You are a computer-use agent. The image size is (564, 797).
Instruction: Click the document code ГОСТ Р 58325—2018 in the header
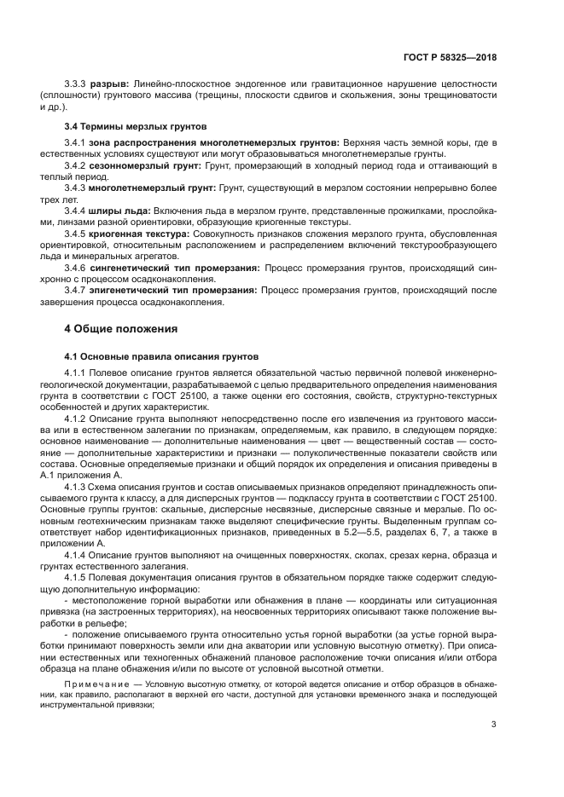[x=451, y=57]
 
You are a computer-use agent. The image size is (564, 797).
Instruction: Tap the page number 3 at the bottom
[x=494, y=725]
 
